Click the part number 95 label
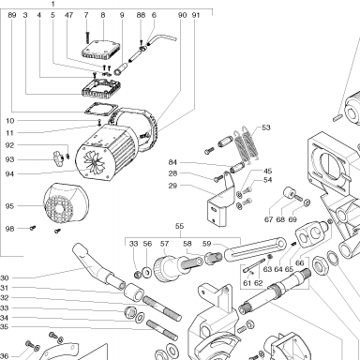9,206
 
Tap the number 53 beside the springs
266,127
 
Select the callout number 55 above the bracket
179,226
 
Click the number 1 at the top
53,4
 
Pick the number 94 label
9,174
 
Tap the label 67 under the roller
268,219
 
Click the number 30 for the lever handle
4,277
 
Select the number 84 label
172,162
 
